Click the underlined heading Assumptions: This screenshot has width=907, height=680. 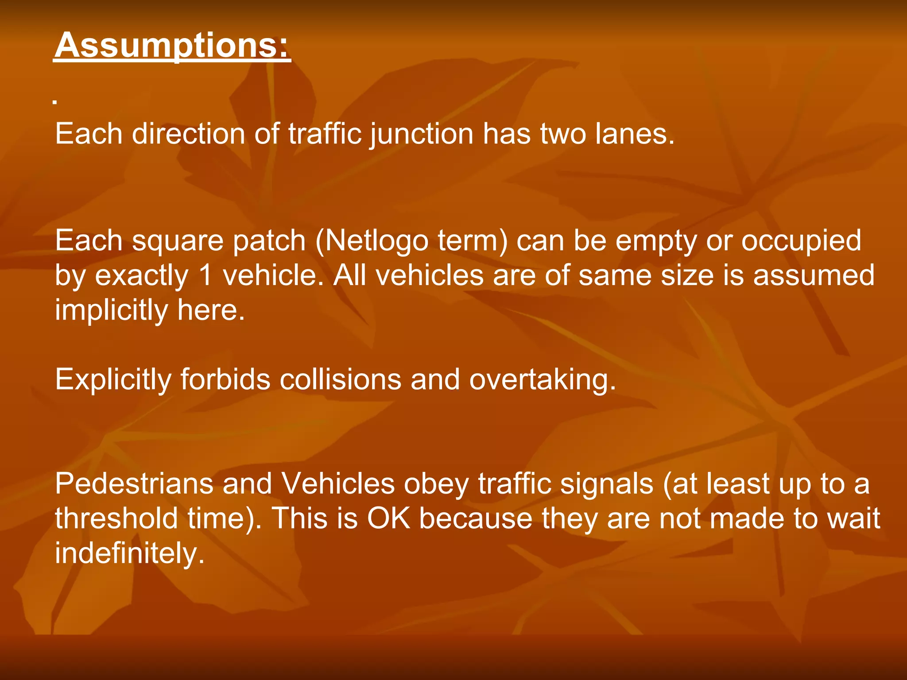(x=172, y=45)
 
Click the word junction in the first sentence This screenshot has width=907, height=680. (x=422, y=134)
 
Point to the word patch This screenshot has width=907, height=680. (x=269, y=242)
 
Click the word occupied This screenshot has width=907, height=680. (x=801, y=242)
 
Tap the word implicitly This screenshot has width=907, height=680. (x=111, y=310)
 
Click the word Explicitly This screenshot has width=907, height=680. (x=113, y=380)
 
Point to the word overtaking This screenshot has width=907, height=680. (x=542, y=380)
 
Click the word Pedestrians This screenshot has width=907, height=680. (x=134, y=483)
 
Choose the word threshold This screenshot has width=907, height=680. (x=116, y=518)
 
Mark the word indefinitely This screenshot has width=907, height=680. (x=130, y=553)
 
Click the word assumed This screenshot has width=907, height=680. (x=814, y=276)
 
